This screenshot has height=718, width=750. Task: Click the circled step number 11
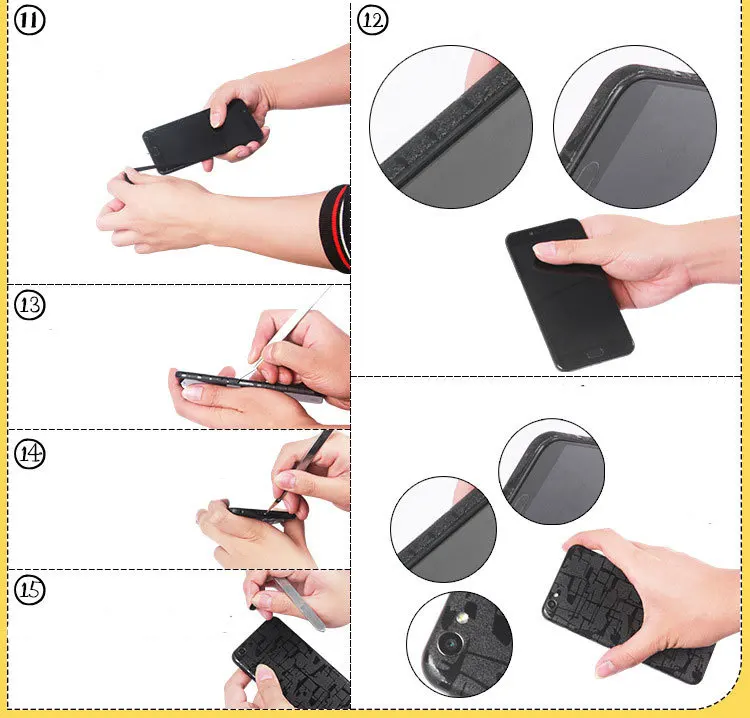click(30, 21)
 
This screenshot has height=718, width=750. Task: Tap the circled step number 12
click(373, 21)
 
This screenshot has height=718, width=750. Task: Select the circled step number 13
click(30, 305)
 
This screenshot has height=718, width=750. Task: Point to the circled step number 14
click(30, 453)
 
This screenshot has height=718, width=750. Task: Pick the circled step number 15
click(30, 589)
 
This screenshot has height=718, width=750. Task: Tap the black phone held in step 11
click(202, 137)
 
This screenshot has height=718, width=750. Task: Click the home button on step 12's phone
click(595, 353)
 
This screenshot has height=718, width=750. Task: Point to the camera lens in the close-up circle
click(450, 644)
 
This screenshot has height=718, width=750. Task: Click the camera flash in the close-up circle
click(462, 619)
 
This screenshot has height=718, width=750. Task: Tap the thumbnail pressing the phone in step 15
click(264, 673)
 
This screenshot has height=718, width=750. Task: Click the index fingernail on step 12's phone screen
click(544, 249)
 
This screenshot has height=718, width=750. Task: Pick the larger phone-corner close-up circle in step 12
click(635, 127)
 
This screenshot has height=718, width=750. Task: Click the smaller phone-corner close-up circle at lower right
click(551, 471)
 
